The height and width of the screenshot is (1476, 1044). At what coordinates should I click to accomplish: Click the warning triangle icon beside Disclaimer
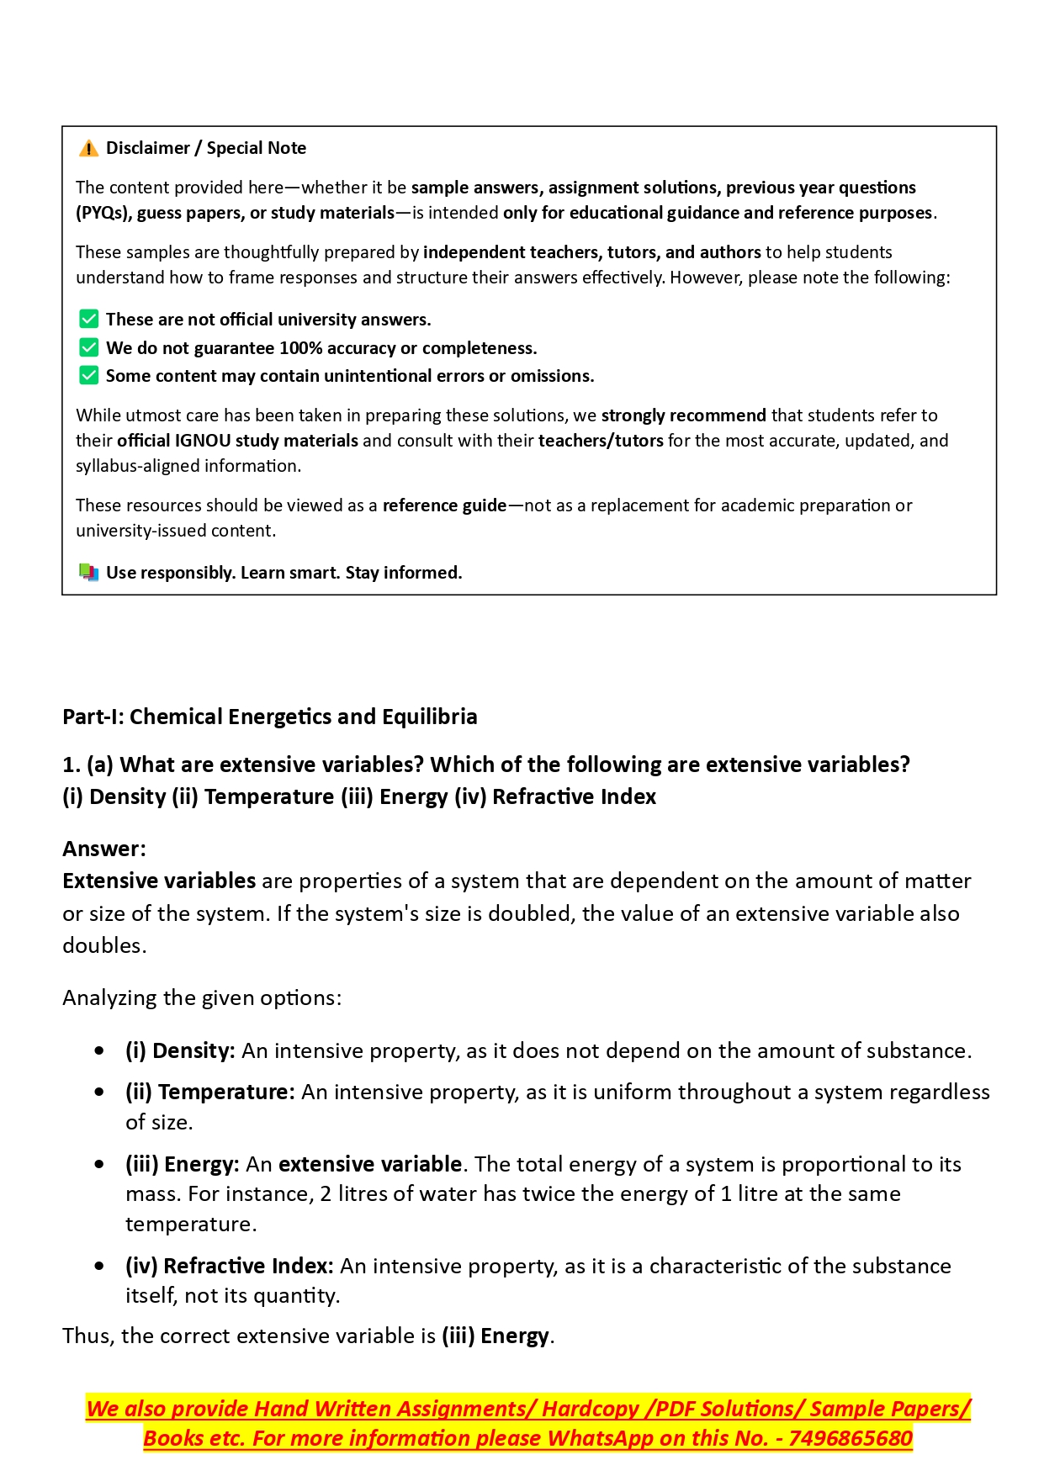pyautogui.click(x=88, y=149)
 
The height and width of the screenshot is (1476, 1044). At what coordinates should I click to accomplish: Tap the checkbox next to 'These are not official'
pyautogui.click(x=88, y=319)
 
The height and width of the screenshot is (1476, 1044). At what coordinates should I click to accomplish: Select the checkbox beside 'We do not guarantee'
pyautogui.click(x=88, y=347)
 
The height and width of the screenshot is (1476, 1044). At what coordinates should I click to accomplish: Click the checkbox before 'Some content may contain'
pyautogui.click(x=88, y=375)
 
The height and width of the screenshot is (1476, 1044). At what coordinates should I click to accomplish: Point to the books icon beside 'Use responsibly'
pyautogui.click(x=88, y=573)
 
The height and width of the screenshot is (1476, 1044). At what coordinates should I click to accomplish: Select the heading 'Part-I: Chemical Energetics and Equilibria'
pyautogui.click(x=269, y=717)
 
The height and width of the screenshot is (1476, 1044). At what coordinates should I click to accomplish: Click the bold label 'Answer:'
pyautogui.click(x=104, y=849)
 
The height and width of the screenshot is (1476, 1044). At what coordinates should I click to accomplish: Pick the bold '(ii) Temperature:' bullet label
pyautogui.click(x=210, y=1092)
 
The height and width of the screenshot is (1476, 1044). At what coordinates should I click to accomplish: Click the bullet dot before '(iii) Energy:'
pyautogui.click(x=100, y=1165)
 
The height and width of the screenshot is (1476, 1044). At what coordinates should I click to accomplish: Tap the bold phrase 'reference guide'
pyautogui.click(x=444, y=505)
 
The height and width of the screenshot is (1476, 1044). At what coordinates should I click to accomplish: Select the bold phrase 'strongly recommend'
pyautogui.click(x=683, y=415)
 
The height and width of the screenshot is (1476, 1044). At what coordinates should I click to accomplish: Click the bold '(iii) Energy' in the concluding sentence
pyautogui.click(x=496, y=1336)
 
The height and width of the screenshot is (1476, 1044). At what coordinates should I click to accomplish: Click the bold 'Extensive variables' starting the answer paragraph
pyautogui.click(x=159, y=881)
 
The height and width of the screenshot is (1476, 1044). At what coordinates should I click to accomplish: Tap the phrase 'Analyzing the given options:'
pyautogui.click(x=202, y=997)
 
